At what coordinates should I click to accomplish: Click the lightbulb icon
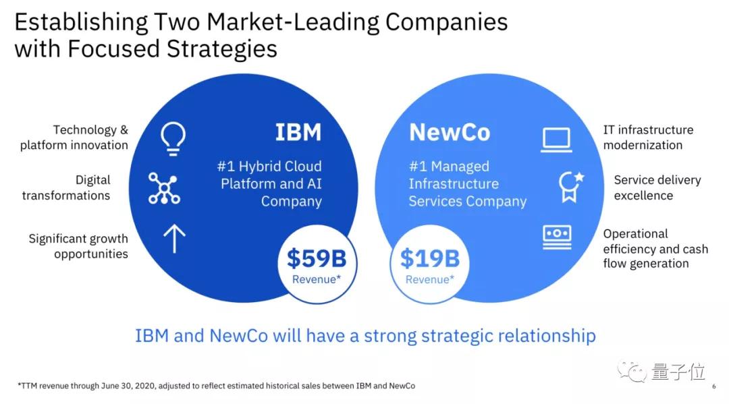click(x=173, y=137)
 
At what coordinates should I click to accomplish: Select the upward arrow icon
click(x=174, y=239)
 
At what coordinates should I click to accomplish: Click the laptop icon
click(x=556, y=140)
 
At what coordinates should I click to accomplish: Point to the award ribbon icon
click(x=568, y=187)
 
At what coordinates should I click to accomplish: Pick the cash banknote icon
click(x=557, y=237)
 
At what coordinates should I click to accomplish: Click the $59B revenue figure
click(x=317, y=258)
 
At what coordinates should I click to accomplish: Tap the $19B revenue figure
click(x=429, y=258)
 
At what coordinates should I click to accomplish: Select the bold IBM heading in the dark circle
click(x=298, y=132)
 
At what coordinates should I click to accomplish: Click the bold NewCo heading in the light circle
click(x=450, y=132)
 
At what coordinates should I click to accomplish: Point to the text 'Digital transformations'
click(x=66, y=187)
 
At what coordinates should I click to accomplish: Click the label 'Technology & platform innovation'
click(x=74, y=138)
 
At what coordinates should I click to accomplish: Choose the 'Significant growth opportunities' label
click(x=78, y=246)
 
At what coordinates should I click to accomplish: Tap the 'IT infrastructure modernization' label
click(x=648, y=138)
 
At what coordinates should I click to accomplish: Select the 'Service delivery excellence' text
click(x=657, y=187)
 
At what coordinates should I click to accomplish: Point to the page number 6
click(x=713, y=386)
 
